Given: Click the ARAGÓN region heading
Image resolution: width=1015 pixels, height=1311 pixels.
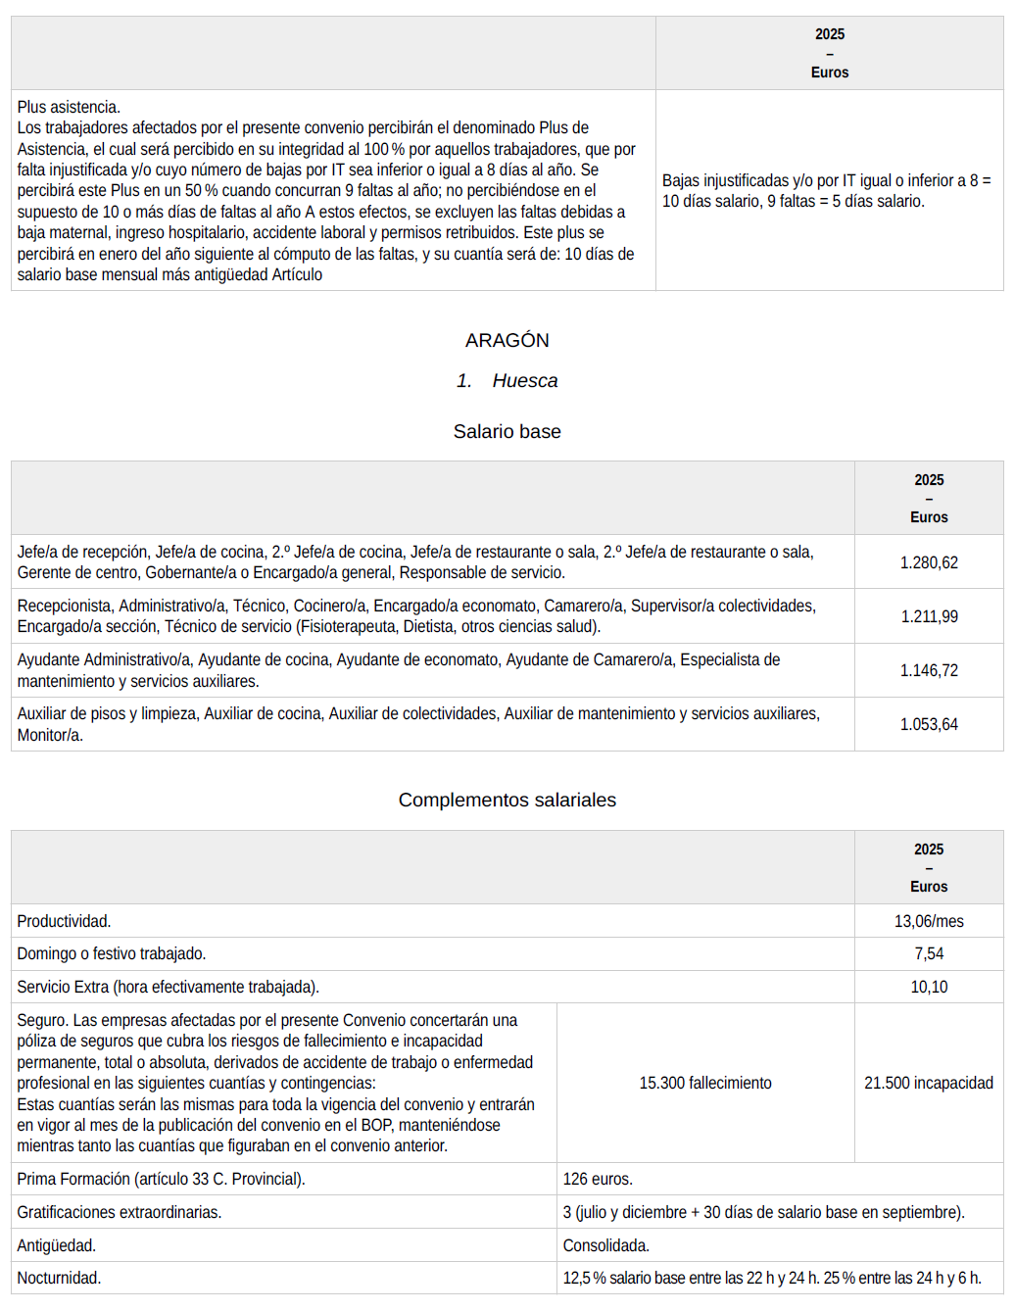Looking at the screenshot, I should pyautogui.click(x=507, y=340).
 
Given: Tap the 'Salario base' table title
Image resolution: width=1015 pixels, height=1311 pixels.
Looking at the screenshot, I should pyautogui.click(x=507, y=431).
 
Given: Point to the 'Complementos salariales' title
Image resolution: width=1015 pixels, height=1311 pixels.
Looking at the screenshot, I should pyautogui.click(x=507, y=800).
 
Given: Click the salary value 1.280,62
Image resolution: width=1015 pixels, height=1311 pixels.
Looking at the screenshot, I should pyautogui.click(x=929, y=562).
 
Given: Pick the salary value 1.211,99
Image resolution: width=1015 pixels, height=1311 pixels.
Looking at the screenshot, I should pyautogui.click(x=929, y=616).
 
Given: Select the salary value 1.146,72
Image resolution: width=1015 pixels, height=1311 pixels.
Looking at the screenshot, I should pyautogui.click(x=929, y=670).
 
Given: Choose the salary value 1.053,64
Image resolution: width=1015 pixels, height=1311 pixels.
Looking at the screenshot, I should pyautogui.click(x=929, y=724).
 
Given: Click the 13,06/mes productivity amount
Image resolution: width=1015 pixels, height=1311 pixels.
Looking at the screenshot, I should pyautogui.click(x=929, y=921).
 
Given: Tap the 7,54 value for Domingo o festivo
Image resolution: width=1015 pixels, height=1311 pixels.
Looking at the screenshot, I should pyautogui.click(x=929, y=953).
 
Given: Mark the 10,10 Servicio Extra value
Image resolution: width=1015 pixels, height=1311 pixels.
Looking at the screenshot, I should pyautogui.click(x=929, y=987).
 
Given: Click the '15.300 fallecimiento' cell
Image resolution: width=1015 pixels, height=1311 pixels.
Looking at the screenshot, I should pyautogui.click(x=705, y=1083).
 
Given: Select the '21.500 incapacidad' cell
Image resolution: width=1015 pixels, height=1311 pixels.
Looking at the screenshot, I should pyautogui.click(x=929, y=1083).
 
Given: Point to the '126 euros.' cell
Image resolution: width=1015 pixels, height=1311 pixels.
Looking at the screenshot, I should pyautogui.click(x=598, y=1179).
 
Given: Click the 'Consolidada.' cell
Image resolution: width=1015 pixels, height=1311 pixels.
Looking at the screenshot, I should pyautogui.click(x=605, y=1245).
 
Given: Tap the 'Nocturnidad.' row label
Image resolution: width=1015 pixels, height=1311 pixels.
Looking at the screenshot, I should pyautogui.click(x=59, y=1278).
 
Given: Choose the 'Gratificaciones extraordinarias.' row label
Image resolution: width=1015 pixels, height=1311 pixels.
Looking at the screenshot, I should pyautogui.click(x=119, y=1212).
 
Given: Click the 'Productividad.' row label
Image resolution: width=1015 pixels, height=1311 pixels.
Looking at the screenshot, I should pyautogui.click(x=64, y=921).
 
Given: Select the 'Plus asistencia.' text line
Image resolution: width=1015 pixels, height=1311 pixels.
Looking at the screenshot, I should pyautogui.click(x=69, y=107).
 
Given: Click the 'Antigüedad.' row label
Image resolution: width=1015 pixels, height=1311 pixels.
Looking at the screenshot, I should pyautogui.click(x=56, y=1245).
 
